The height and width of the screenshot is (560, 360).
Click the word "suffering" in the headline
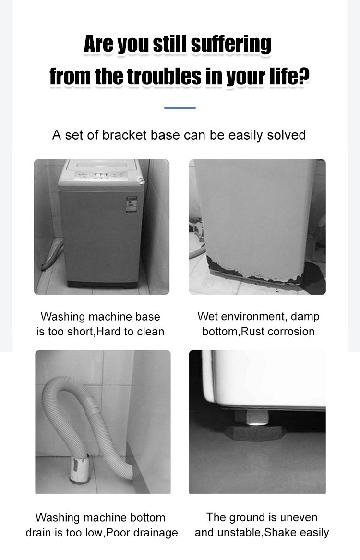[x=231, y=44]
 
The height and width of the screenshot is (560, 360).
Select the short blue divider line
[x=180, y=108]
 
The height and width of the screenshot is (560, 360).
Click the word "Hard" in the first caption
[x=109, y=332]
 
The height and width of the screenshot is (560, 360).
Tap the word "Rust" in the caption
[x=252, y=331]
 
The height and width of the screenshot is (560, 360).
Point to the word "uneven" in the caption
[x=299, y=517]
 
